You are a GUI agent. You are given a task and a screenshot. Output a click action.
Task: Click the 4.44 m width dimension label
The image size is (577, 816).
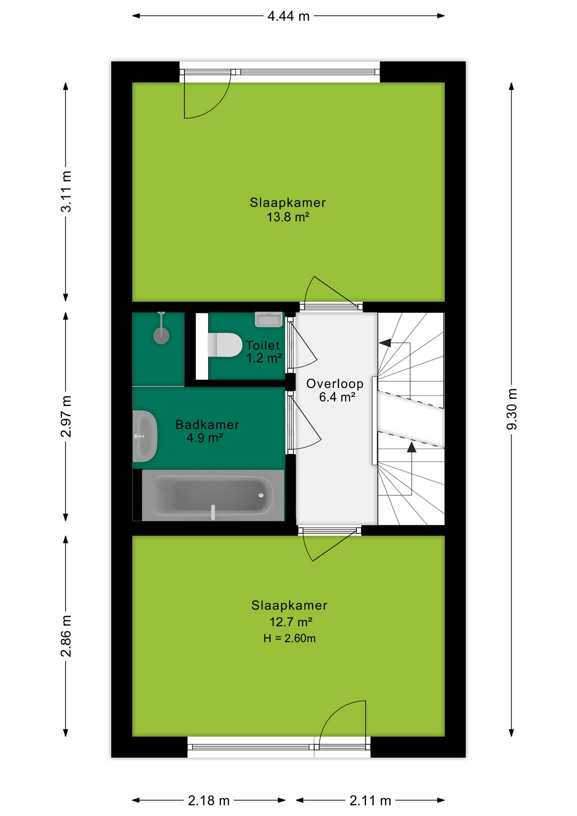[288, 16]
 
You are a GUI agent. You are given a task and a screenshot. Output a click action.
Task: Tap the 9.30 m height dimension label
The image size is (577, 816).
[512, 409]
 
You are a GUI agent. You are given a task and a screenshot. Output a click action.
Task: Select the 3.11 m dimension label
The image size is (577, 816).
[66, 191]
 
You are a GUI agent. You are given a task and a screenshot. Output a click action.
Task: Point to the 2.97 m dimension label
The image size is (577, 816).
[66, 416]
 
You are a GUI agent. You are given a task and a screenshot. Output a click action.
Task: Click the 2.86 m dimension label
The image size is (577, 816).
[66, 636]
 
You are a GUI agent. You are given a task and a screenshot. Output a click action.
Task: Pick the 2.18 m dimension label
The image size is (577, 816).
[209, 801]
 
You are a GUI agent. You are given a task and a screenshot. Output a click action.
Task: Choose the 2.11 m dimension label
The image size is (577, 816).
[370, 801]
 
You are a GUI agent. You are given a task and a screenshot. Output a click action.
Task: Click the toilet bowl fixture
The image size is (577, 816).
[225, 345]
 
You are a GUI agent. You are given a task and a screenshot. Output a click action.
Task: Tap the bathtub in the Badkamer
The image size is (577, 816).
[213, 495]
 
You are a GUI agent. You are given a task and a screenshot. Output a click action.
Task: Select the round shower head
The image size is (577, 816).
[161, 336]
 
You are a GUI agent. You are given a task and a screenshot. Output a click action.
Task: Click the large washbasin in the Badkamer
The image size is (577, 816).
[145, 436]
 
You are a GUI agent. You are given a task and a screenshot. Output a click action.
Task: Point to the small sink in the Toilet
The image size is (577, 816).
[269, 319]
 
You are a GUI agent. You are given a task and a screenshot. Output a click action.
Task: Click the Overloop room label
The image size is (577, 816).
[335, 384]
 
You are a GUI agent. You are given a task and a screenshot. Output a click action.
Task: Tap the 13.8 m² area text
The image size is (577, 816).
[288, 217]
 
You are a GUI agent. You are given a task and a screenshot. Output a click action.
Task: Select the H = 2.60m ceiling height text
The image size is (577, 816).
[289, 638]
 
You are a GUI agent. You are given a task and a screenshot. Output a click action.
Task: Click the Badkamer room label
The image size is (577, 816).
[207, 425]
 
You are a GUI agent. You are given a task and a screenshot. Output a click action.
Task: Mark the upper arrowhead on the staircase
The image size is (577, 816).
[385, 343]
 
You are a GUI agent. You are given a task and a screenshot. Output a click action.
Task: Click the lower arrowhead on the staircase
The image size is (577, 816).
[411, 447]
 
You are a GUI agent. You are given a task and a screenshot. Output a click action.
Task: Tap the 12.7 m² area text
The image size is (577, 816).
[291, 622]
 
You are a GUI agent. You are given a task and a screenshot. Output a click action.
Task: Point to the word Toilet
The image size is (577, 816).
[263, 345]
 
